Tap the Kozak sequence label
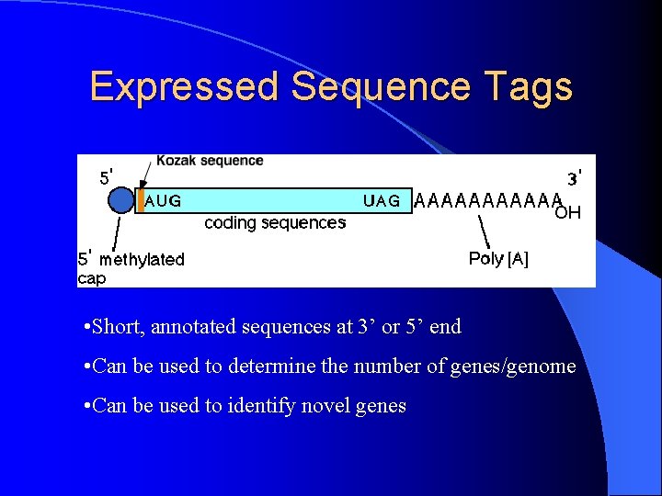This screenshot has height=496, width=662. coord(210,162)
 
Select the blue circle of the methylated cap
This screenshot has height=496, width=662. coord(120,200)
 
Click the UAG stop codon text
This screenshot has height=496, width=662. coord(382,200)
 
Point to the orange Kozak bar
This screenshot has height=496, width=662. coord(141,200)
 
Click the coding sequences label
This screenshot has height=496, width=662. coord(275,222)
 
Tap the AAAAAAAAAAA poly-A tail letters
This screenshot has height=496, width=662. coord(487,200)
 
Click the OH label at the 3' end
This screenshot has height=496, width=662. coord(567,214)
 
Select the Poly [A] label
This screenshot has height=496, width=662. coord(498,259)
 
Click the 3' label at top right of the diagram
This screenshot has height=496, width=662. coord(574,176)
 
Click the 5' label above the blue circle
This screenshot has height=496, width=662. coord(107,176)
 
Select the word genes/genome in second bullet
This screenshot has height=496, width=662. coord(513,366)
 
